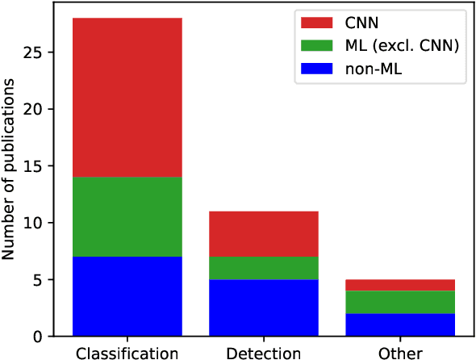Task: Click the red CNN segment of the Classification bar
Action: [x=127, y=97]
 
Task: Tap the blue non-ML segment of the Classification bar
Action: [x=127, y=295]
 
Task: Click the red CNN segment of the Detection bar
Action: [x=264, y=234]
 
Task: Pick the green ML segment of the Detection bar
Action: [x=264, y=268]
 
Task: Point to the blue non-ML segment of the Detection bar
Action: [x=264, y=308]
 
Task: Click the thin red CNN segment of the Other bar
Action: [x=400, y=284]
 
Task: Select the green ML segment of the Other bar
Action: [x=400, y=302]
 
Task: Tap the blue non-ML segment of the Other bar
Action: [x=400, y=324]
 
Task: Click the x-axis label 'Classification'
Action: [x=127, y=354]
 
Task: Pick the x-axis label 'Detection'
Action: [x=264, y=354]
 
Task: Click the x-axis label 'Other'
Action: [x=400, y=354]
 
